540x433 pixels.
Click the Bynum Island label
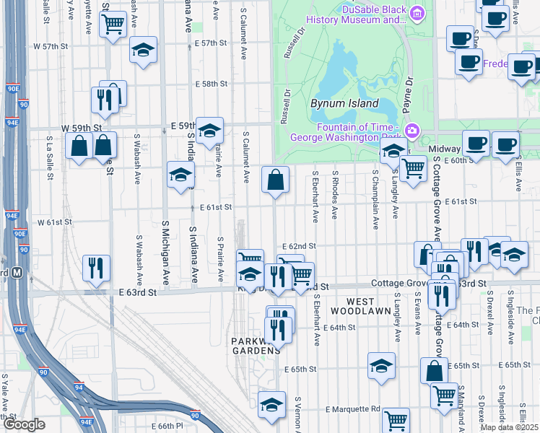click(x=344, y=103)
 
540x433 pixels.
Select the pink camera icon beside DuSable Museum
click(x=417, y=13)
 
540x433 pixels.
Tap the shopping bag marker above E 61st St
click(x=275, y=180)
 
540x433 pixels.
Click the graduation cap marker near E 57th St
click(x=143, y=51)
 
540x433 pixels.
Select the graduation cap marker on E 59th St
click(x=209, y=131)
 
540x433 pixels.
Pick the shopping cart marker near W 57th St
click(x=113, y=25)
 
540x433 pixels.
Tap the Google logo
click(x=24, y=424)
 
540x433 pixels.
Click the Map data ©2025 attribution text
click(x=509, y=427)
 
